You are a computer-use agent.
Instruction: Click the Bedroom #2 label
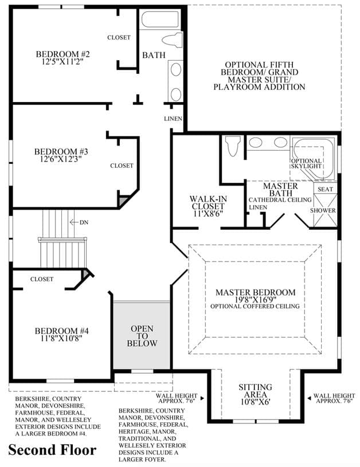[x=62, y=54]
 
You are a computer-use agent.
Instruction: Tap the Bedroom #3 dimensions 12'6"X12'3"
[x=61, y=159]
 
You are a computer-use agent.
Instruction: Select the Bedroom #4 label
[x=62, y=331]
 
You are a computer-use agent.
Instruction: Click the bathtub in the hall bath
[x=160, y=19]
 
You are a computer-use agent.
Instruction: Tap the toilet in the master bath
[x=233, y=146]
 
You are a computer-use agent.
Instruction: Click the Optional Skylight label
[x=306, y=163]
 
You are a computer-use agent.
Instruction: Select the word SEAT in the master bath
[x=325, y=189]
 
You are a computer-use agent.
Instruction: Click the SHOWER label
[x=323, y=210]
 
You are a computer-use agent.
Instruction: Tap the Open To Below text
[x=142, y=336]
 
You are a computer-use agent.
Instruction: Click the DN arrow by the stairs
[x=73, y=222]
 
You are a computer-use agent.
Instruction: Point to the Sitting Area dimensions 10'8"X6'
[x=255, y=402]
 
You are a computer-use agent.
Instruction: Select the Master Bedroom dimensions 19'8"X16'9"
[x=256, y=300]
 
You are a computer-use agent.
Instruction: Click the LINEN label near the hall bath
[x=173, y=119]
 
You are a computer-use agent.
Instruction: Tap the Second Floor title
[x=52, y=450]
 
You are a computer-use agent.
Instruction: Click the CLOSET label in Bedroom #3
[x=122, y=166]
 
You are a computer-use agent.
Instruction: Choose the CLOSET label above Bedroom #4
[x=42, y=279]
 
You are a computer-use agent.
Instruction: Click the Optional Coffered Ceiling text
[x=255, y=306]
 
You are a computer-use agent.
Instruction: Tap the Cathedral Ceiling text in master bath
[x=280, y=200]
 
